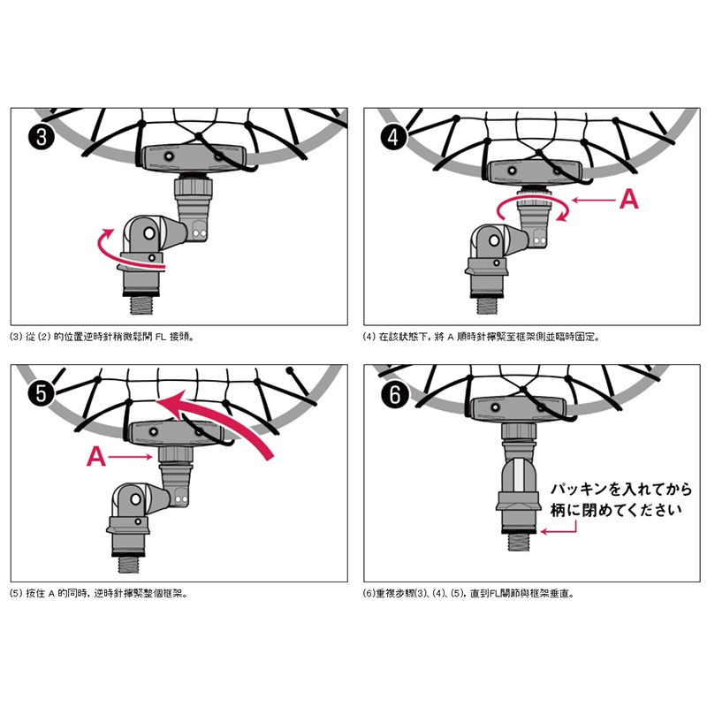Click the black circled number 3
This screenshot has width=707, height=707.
tap(42, 136)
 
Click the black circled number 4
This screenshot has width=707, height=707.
tap(394, 136)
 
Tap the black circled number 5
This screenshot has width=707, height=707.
tap(41, 393)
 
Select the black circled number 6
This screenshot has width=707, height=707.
tap(394, 394)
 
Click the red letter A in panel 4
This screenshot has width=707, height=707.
tap(629, 199)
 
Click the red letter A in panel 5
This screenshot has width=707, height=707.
tap(96, 456)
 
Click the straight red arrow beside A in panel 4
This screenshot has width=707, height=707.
tap(593, 200)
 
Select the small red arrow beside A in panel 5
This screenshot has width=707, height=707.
tap(130, 457)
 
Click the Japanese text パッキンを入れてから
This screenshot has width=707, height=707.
tap(621, 490)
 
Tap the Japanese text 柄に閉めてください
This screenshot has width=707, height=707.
tap(615, 511)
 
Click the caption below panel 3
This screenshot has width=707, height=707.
tap(102, 337)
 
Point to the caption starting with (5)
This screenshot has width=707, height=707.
tap(98, 593)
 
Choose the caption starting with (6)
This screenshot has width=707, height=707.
tap(468, 593)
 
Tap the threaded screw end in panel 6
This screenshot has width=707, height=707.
tap(519, 542)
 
